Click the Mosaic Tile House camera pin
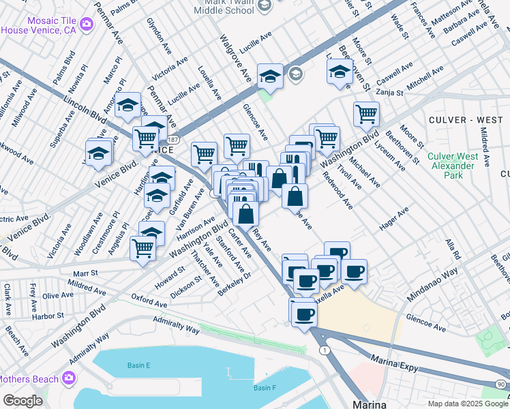[x=87, y=25]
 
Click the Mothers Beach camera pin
[x=68, y=378]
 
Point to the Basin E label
[x=138, y=365]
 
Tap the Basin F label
[x=265, y=388]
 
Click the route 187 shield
[x=174, y=139]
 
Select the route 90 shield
[x=502, y=384]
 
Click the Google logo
[x=22, y=400]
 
